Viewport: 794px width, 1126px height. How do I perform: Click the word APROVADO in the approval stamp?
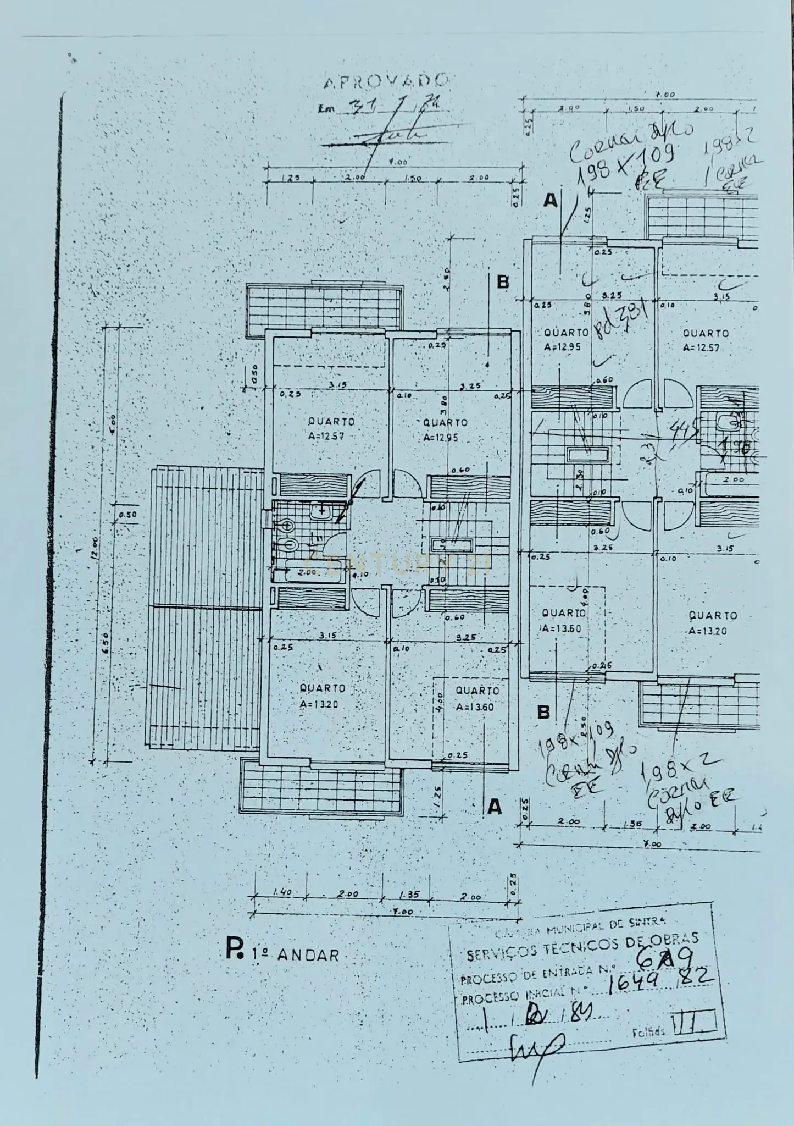(x=385, y=81)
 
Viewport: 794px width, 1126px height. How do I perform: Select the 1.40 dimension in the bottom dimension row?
(x=281, y=894)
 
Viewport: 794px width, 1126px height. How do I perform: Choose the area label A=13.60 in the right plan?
(x=561, y=628)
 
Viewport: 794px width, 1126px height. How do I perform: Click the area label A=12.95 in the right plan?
(x=562, y=347)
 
